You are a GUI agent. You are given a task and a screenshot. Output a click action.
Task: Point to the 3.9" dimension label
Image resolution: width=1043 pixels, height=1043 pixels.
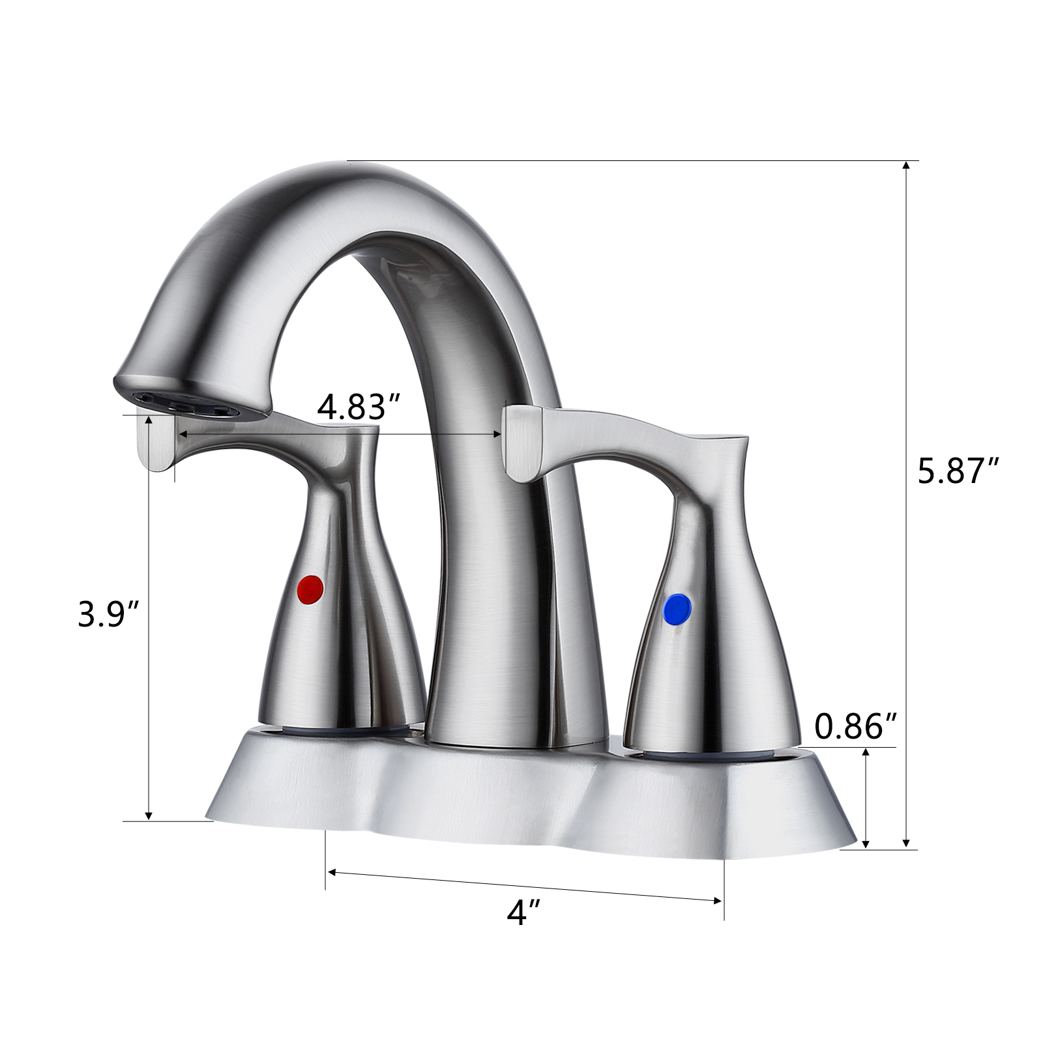(x=108, y=613)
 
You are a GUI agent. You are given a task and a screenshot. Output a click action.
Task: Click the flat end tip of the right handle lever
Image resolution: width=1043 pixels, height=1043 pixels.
(x=521, y=443)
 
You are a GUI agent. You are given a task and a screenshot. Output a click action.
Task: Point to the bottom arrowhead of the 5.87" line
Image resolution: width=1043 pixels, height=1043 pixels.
(x=905, y=844)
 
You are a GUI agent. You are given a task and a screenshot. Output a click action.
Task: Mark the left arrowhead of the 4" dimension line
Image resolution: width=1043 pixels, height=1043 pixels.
(x=331, y=871)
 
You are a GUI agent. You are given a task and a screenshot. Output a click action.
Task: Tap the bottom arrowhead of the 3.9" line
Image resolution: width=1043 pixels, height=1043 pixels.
(x=149, y=815)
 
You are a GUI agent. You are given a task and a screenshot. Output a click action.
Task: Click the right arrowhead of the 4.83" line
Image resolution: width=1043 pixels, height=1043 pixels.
(x=498, y=433)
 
